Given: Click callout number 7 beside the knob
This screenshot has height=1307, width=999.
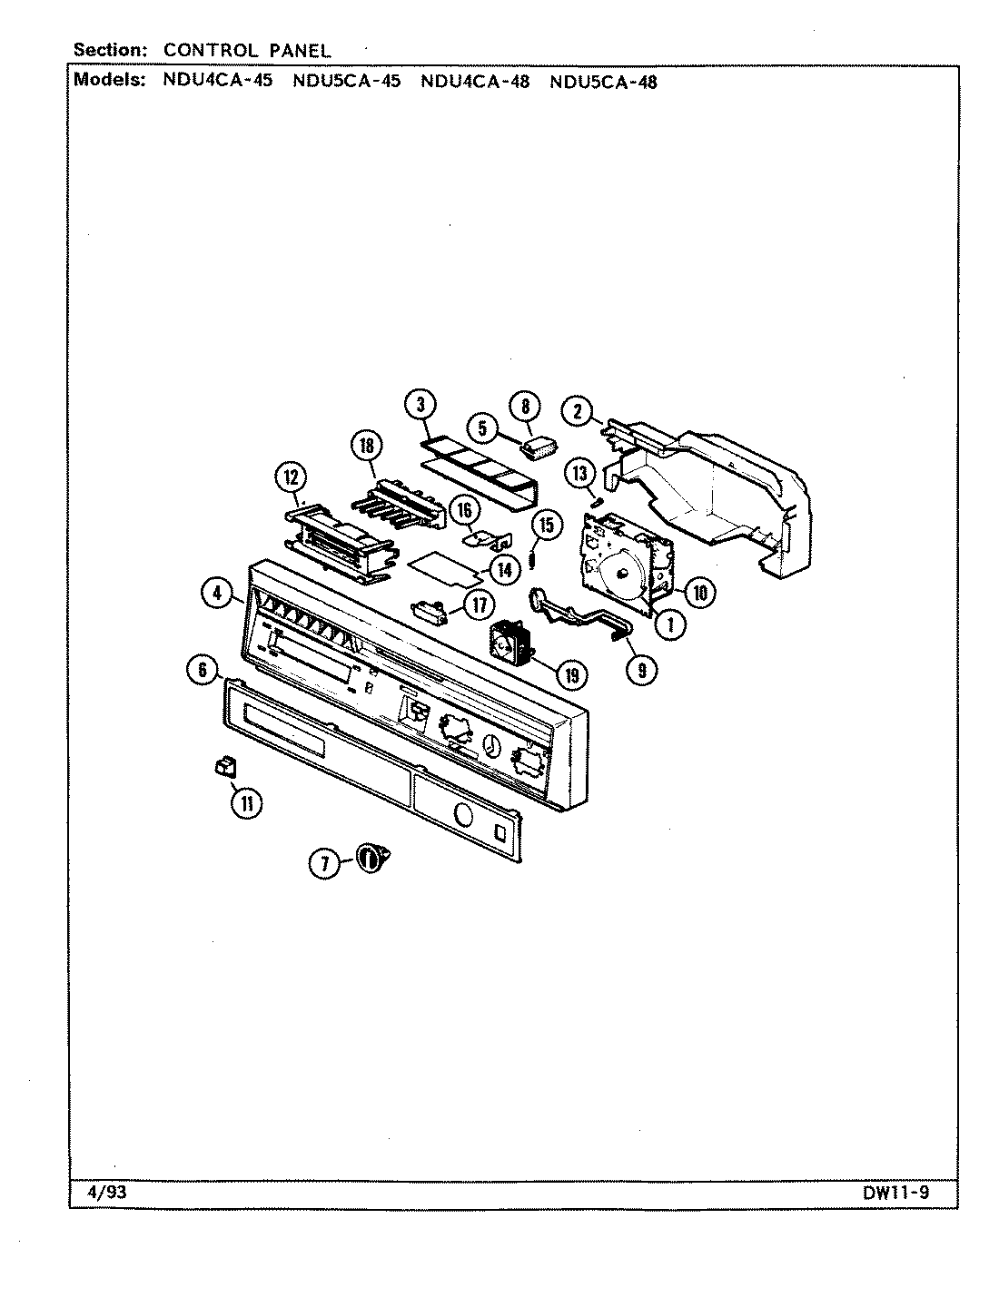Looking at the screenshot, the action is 323,864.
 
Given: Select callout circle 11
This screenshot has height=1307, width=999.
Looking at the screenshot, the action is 245,801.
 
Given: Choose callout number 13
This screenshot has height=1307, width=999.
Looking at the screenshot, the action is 581,473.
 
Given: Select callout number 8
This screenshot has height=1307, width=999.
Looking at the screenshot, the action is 526,406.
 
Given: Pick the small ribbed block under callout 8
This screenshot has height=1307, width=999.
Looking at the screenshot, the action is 539,447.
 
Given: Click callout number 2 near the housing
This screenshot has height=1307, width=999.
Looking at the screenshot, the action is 578,412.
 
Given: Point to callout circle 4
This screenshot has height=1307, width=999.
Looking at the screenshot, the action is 216,595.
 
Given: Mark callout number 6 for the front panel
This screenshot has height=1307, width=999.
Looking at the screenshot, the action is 203,671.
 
